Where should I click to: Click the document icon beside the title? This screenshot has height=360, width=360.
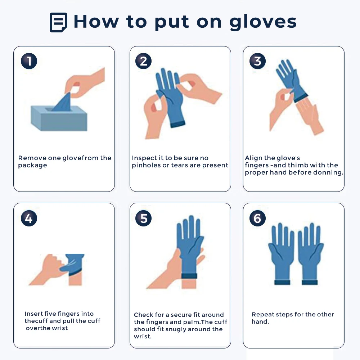pyautogui.click(x=58, y=23)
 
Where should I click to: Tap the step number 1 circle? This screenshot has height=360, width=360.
pyautogui.click(x=29, y=61)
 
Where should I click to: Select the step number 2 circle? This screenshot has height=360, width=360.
pyautogui.click(x=143, y=61)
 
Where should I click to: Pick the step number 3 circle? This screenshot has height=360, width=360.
pyautogui.click(x=257, y=61)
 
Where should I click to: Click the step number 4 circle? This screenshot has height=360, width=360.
pyautogui.click(x=29, y=219)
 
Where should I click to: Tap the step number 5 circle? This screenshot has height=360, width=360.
pyautogui.click(x=143, y=219)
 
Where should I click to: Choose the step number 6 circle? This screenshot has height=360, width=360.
pyautogui.click(x=257, y=219)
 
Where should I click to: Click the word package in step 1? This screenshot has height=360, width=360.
pyautogui.click(x=32, y=166)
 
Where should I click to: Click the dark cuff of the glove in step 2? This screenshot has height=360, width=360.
pyautogui.click(x=177, y=124)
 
